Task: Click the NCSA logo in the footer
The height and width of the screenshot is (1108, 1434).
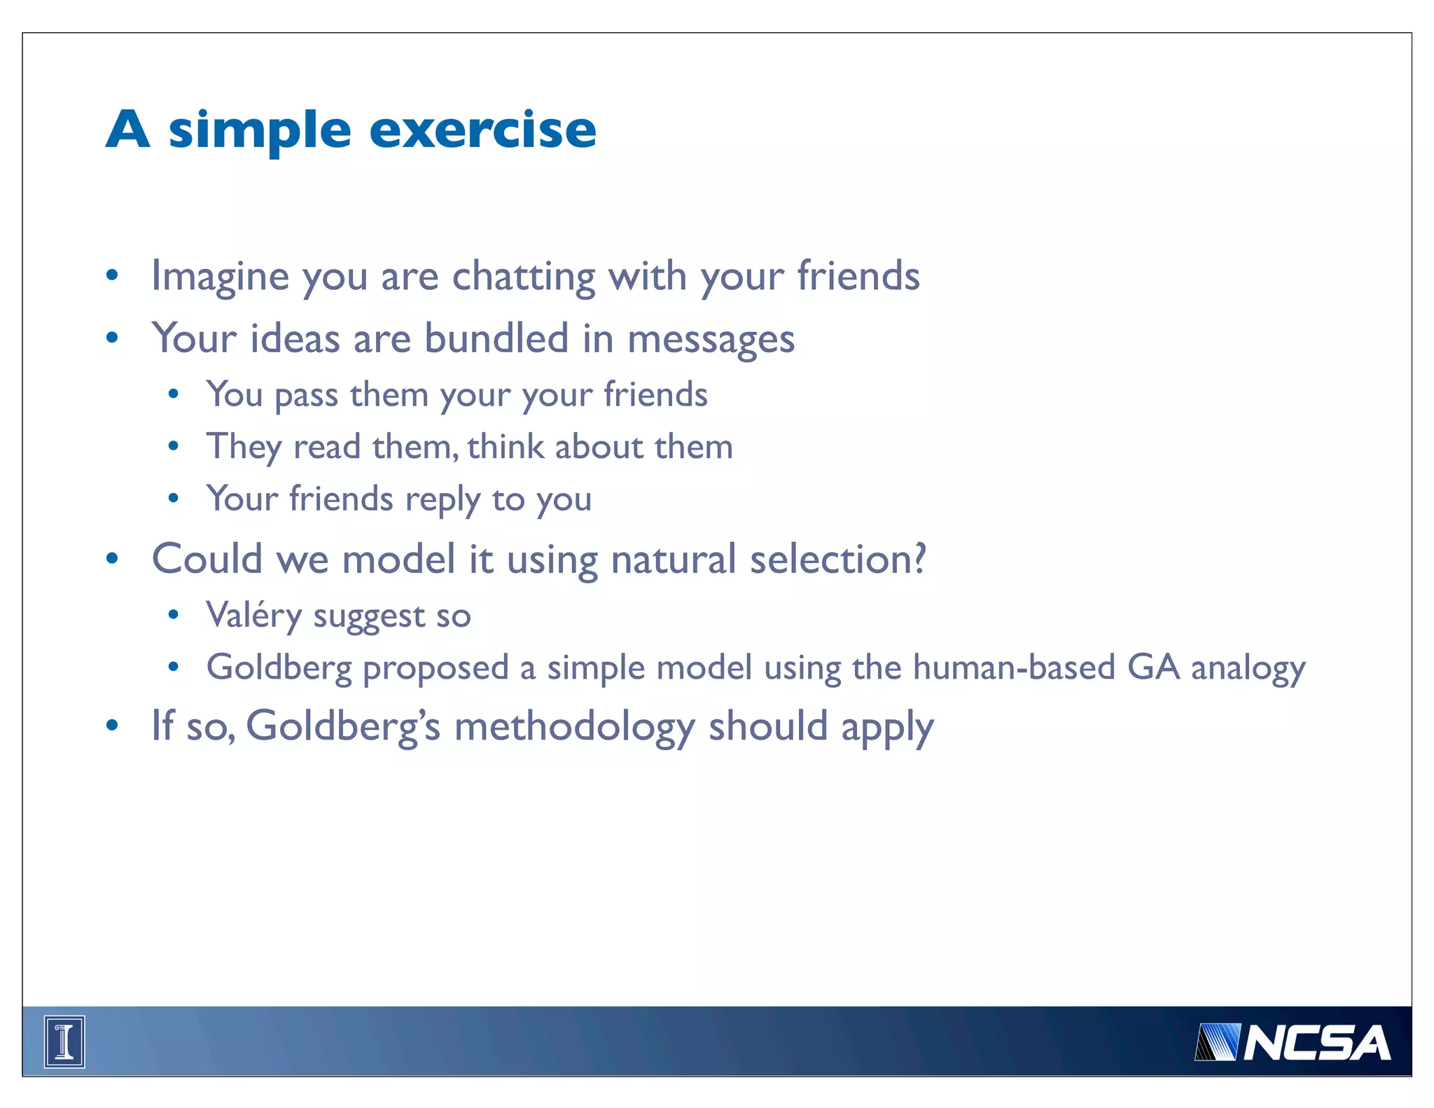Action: tap(1293, 1043)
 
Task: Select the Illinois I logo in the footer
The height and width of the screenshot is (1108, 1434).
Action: tap(64, 1041)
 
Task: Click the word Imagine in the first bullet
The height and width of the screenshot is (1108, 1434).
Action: tap(220, 276)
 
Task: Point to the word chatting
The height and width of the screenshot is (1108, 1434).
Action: tap(523, 276)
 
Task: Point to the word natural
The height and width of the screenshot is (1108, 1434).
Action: tap(673, 560)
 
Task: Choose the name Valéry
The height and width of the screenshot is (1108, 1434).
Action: tap(253, 616)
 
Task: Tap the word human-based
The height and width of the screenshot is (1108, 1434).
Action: tap(1013, 667)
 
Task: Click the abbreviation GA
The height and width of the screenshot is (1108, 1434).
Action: tap(1153, 667)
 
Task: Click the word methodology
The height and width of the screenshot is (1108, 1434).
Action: tap(574, 726)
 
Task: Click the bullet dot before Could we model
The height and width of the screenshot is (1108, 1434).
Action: tap(112, 559)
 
